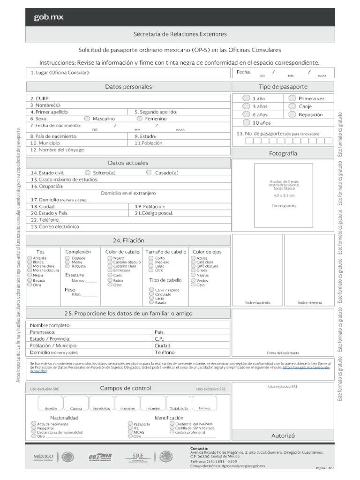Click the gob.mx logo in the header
pyautogui.click(x=49, y=17)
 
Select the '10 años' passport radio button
pyautogui.click(x=246, y=122)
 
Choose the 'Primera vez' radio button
pyautogui.click(x=292, y=98)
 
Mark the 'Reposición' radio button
pyautogui.click(x=292, y=114)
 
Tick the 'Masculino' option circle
pyautogui.click(x=87, y=119)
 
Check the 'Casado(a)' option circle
pyautogui.click(x=150, y=172)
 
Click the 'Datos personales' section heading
pyautogui.click(x=128, y=87)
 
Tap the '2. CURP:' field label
pyautogui.click(x=40, y=98)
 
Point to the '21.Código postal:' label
pyautogui.click(x=154, y=213)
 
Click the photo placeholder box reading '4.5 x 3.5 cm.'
pyautogui.click(x=283, y=195)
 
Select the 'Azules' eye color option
pyautogui.click(x=193, y=258)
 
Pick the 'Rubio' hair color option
pyautogui.click(x=109, y=280)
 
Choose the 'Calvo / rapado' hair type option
pyautogui.click(x=151, y=290)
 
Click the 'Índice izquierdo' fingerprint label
pyautogui.click(x=257, y=303)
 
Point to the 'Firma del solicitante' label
pyautogui.click(x=283, y=352)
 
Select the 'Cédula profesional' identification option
pyautogui.click(x=172, y=432)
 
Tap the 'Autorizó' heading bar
pyautogui.click(x=283, y=435)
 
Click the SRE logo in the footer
pyautogui.click(x=138, y=457)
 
